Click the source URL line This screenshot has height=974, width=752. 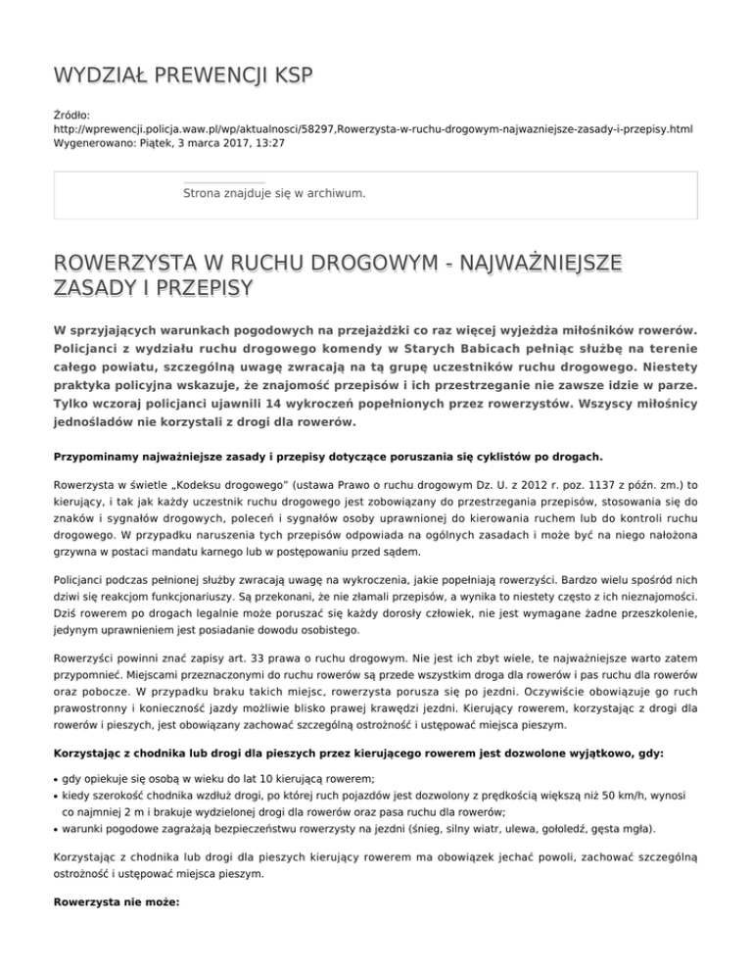click(372, 128)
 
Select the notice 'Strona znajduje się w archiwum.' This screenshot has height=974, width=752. click(274, 194)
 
